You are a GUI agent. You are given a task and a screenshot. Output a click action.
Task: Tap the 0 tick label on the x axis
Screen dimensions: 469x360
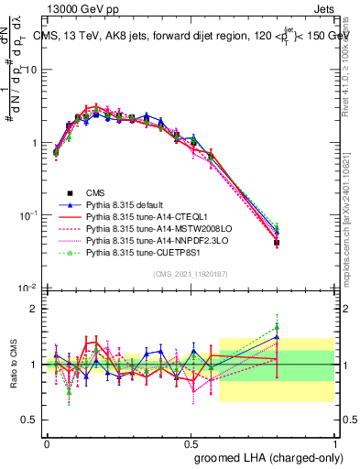click(x=47, y=442)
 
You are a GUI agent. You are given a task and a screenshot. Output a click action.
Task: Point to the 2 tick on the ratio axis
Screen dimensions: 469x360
click(x=34, y=309)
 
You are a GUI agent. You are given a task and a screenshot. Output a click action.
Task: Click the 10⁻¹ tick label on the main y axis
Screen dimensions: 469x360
click(x=27, y=215)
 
